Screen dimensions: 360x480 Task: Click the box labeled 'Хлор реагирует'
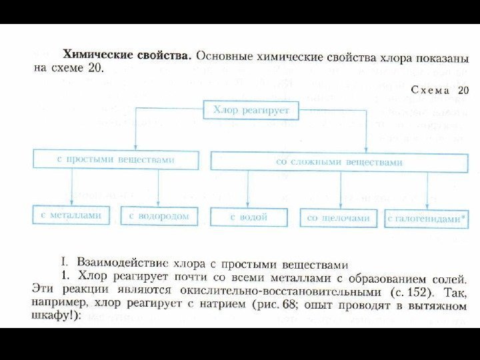(251, 110)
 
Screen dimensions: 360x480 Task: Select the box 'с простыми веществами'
(117, 160)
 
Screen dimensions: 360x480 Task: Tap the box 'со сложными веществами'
(339, 161)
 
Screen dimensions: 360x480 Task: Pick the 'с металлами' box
(71, 215)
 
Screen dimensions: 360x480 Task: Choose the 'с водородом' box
(159, 216)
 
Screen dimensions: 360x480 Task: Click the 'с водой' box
(249, 217)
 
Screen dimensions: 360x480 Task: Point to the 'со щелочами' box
(339, 218)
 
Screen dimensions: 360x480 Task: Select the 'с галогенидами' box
(424, 219)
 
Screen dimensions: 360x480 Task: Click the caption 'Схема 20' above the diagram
(440, 89)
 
